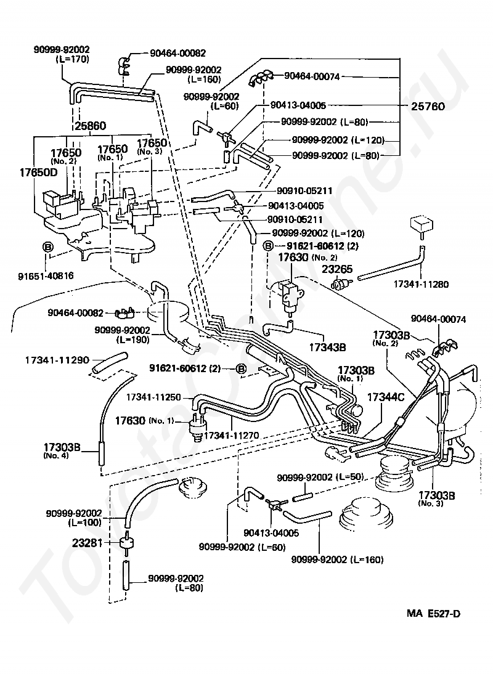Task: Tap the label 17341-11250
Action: (153, 397)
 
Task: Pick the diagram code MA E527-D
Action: (433, 613)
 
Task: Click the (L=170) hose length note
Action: (73, 60)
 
